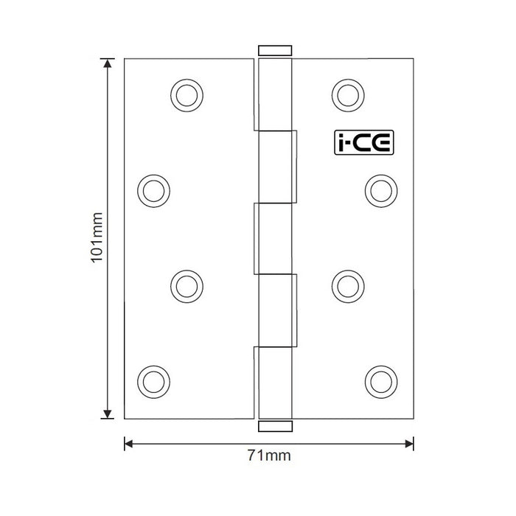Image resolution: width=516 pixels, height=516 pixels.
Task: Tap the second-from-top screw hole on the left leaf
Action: pyautogui.click(x=152, y=189)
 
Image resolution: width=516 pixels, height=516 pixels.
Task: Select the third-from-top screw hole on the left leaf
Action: pyautogui.click(x=186, y=284)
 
